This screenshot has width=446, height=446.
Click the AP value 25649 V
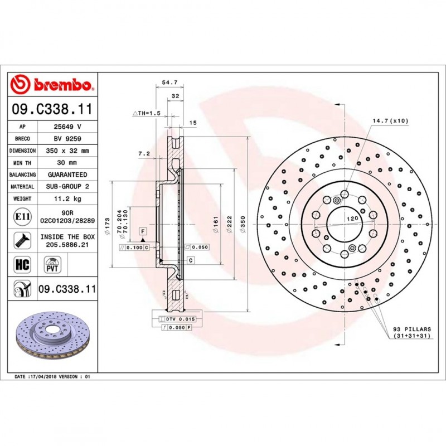click(67, 127)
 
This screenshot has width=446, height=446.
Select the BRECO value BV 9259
click(67, 139)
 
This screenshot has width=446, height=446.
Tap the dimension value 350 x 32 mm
click(67, 151)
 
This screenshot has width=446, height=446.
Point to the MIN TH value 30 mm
click(67, 163)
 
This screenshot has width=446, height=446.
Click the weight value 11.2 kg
click(67, 198)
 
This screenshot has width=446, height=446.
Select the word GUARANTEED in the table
click(67, 174)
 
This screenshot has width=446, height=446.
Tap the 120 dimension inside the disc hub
click(352, 220)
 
